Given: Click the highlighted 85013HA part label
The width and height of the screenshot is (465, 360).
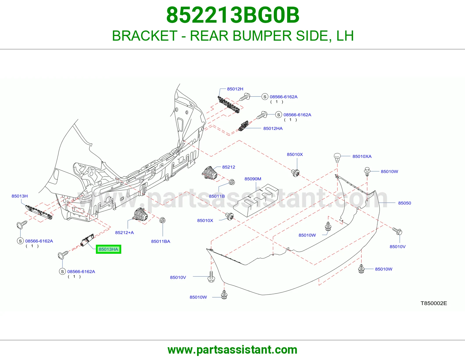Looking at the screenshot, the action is [x=108, y=249].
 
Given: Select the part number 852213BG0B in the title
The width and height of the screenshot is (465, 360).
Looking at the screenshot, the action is [x=233, y=15].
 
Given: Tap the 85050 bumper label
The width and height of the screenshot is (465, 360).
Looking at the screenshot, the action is [x=405, y=203].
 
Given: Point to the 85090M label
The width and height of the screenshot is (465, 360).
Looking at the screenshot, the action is [x=253, y=179].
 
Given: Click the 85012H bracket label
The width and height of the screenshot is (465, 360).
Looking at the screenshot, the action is [x=235, y=89].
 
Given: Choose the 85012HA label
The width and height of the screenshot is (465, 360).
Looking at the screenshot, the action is [x=273, y=128].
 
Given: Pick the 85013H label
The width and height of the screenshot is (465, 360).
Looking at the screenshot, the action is [x=19, y=196].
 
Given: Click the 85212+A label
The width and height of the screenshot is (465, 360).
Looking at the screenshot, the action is [x=124, y=232].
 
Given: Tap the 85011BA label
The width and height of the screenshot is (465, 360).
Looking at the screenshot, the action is [x=160, y=241].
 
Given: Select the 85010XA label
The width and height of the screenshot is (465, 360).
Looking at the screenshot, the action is [x=362, y=156].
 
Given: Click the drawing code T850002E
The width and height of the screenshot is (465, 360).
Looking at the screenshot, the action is [x=434, y=303].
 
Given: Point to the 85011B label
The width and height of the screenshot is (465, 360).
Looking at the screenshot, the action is [x=217, y=196].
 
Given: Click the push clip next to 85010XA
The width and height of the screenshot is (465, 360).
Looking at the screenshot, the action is [x=337, y=158].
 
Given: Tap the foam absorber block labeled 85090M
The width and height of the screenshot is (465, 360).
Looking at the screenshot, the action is [x=256, y=200].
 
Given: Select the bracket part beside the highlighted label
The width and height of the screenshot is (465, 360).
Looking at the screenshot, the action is [x=87, y=240].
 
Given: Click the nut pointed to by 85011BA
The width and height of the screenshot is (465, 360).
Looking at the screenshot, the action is [x=162, y=220].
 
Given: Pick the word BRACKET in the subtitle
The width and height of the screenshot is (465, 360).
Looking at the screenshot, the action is [x=145, y=36].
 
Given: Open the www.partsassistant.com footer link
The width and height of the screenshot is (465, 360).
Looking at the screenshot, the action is [x=233, y=350].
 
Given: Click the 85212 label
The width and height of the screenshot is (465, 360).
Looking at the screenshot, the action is [x=228, y=167].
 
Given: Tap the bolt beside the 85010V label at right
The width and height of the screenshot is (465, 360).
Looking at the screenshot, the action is [x=397, y=231].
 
